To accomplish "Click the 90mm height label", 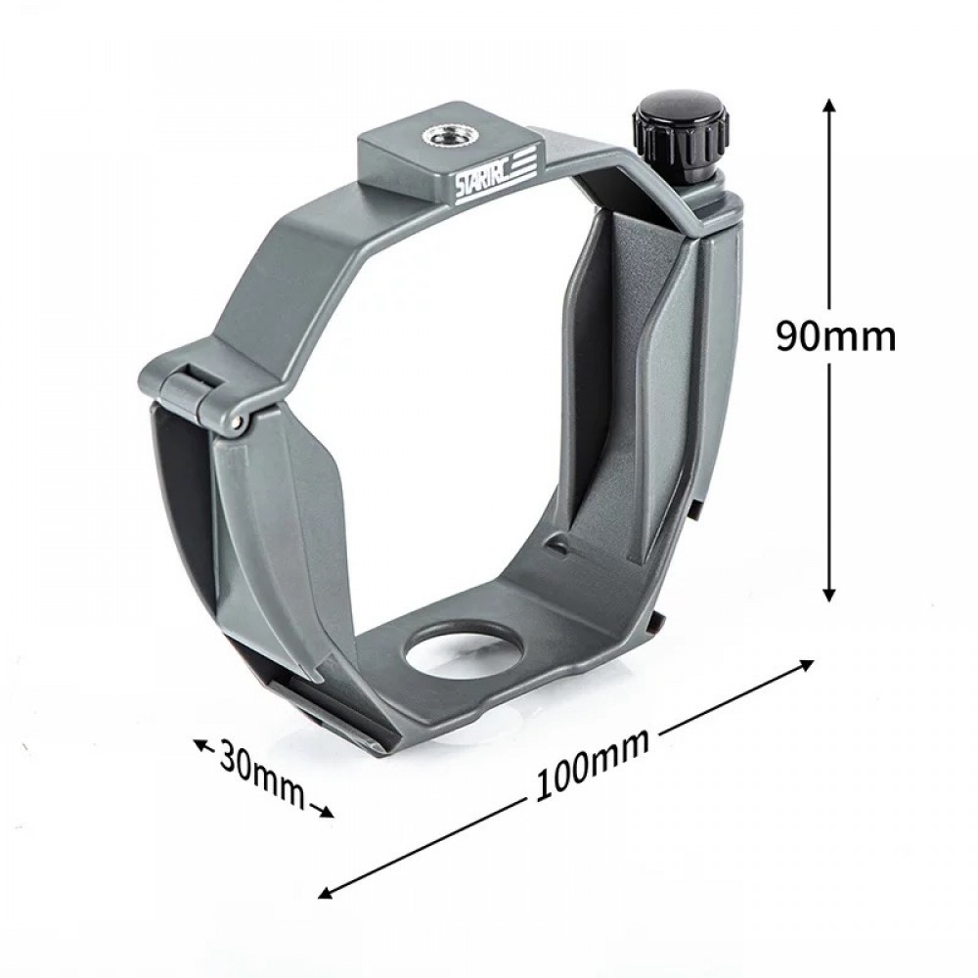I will [x=835, y=335].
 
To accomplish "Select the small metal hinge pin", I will [x=239, y=421].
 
